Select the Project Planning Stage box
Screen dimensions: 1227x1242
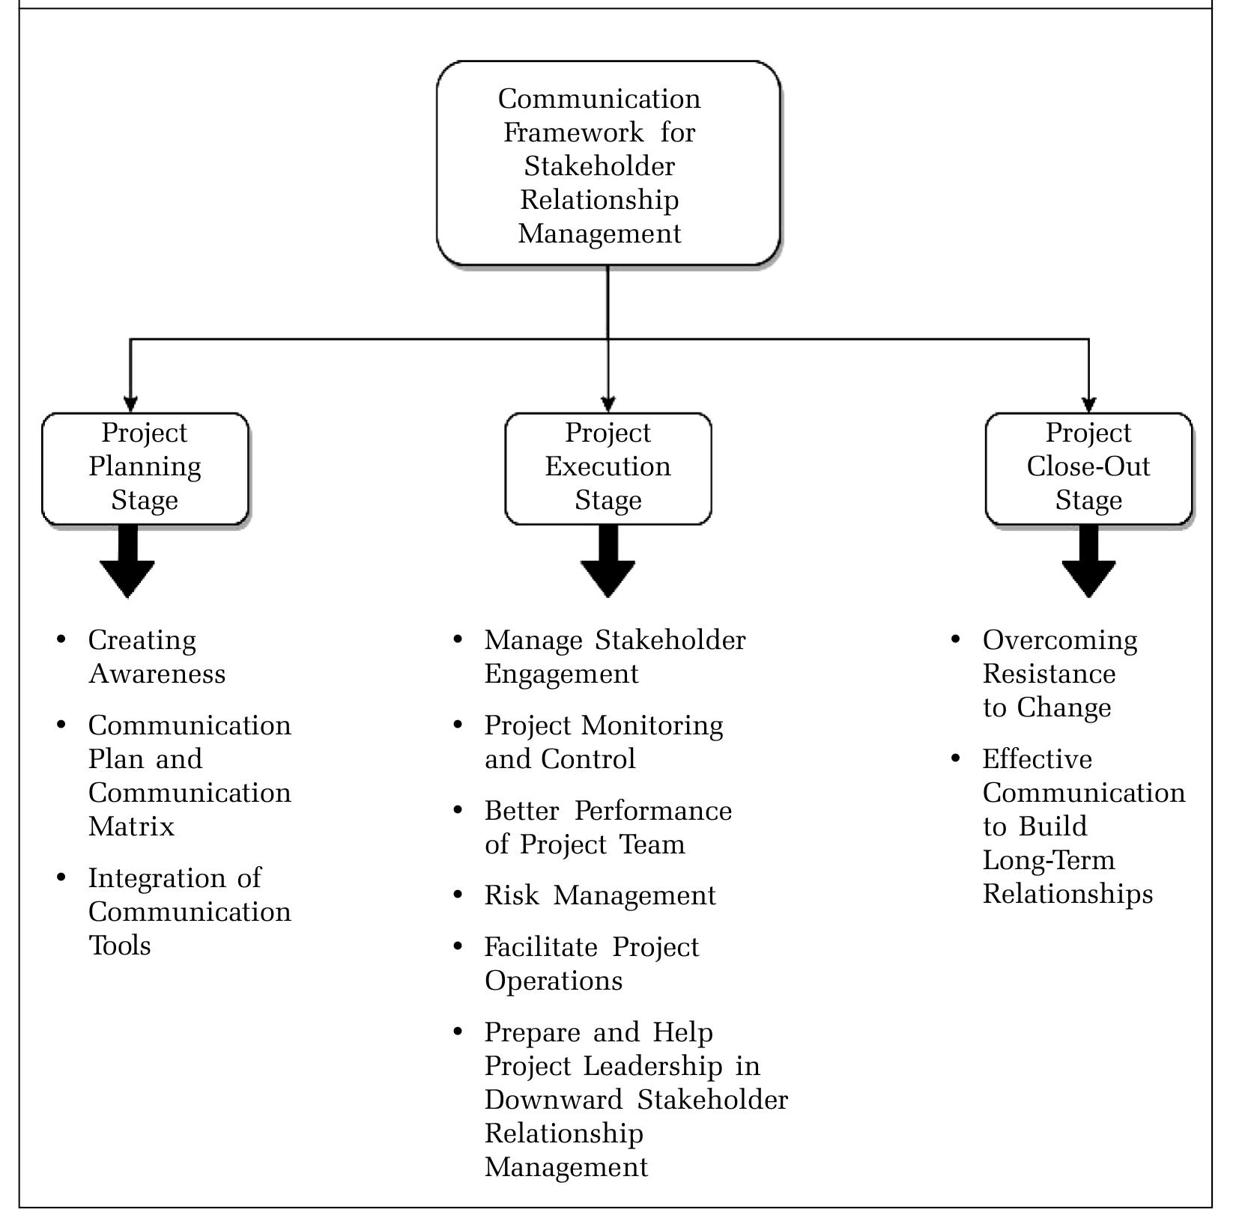pos(145,468)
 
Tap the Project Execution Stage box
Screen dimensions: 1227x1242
pos(608,468)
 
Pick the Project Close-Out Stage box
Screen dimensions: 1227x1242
pos(1088,468)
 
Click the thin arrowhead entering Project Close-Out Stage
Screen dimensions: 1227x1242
pos(1088,404)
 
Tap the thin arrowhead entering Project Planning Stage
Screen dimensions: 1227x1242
pos(130,404)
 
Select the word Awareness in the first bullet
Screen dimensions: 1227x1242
pos(157,674)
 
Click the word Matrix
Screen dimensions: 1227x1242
pos(131,826)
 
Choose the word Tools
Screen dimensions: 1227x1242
pos(120,946)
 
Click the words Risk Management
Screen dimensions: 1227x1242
pos(600,895)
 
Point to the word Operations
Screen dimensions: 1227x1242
pos(554,981)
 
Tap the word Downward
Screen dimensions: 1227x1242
pos(553,1100)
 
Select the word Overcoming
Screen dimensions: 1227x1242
pos(1060,640)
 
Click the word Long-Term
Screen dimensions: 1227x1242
pos(1049,860)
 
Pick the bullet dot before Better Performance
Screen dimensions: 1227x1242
pos(458,809)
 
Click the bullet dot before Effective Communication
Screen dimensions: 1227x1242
pos(955,758)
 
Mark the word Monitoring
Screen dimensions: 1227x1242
pos(652,725)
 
